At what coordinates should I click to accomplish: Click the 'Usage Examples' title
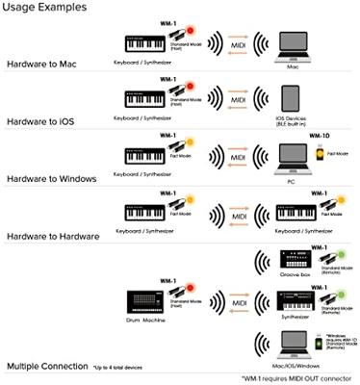(x=44, y=8)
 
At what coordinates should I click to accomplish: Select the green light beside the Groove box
(x=332, y=256)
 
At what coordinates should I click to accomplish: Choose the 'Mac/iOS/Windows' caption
(x=291, y=366)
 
